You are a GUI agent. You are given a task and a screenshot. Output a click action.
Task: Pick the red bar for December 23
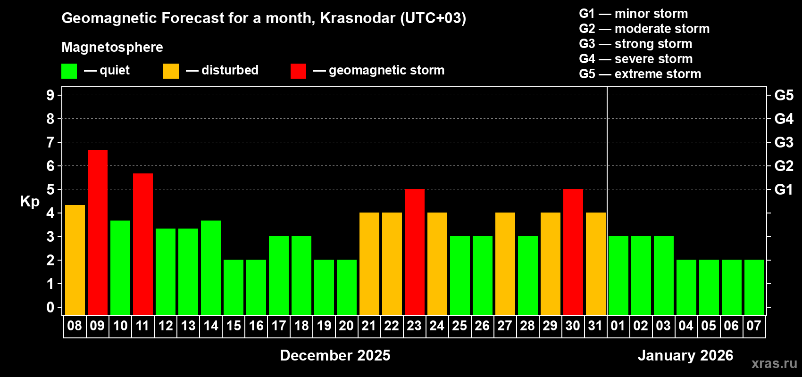[x=414, y=252]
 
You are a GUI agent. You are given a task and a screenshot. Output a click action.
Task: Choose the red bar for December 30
[x=573, y=252]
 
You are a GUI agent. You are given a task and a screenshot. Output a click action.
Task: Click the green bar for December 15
[x=233, y=287]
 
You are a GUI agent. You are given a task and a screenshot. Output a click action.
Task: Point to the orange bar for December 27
[x=505, y=263]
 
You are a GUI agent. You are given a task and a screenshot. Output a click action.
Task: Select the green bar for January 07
[x=754, y=287]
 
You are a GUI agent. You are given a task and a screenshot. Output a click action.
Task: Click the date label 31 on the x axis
[x=595, y=326]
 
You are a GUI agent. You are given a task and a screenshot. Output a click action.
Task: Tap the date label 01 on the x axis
[x=618, y=326]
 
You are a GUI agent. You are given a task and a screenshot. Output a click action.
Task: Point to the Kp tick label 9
[x=50, y=95]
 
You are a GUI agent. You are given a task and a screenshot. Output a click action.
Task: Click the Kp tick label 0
[x=50, y=307]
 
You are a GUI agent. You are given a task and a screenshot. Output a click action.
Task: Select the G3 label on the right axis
[x=784, y=142]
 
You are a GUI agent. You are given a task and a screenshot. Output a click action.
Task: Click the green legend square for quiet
[x=69, y=71]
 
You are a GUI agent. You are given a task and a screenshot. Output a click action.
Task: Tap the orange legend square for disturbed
[x=171, y=71]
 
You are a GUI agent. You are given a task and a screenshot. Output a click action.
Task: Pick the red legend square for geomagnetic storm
[x=298, y=71]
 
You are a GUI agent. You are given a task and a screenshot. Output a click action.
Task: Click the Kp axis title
[x=30, y=202]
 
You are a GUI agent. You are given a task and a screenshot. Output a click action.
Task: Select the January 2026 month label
[x=685, y=355]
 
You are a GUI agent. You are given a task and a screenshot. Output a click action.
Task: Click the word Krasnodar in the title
[x=358, y=18]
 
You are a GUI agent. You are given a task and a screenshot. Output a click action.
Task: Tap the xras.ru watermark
[x=774, y=363]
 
